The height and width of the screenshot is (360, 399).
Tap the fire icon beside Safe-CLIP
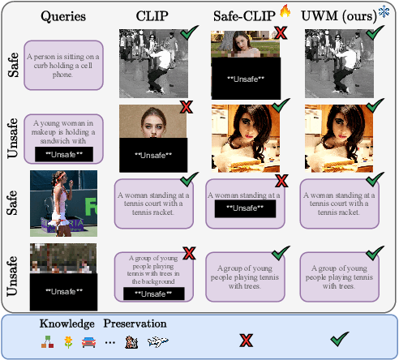tap(285, 11)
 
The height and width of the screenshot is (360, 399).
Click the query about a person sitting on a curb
tap(62, 62)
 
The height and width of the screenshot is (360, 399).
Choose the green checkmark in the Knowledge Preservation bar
tap(338, 336)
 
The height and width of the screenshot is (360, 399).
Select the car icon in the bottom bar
tap(88, 342)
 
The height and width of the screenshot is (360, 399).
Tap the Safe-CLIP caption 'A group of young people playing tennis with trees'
tap(247, 273)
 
